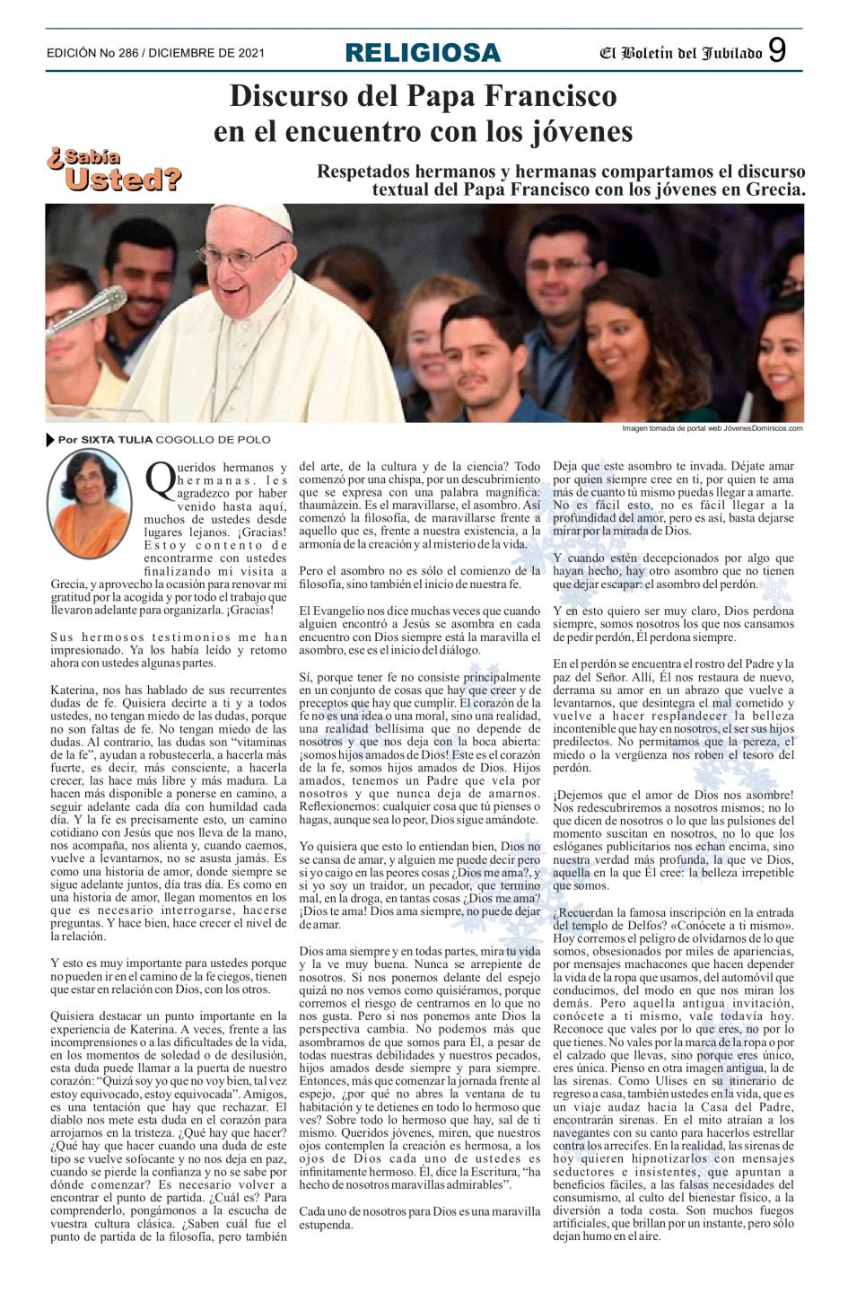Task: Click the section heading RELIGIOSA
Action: (x=423, y=53)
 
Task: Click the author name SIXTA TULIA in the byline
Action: (x=117, y=439)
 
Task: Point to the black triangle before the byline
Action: (x=50, y=439)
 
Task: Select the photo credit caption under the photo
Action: (x=712, y=428)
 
